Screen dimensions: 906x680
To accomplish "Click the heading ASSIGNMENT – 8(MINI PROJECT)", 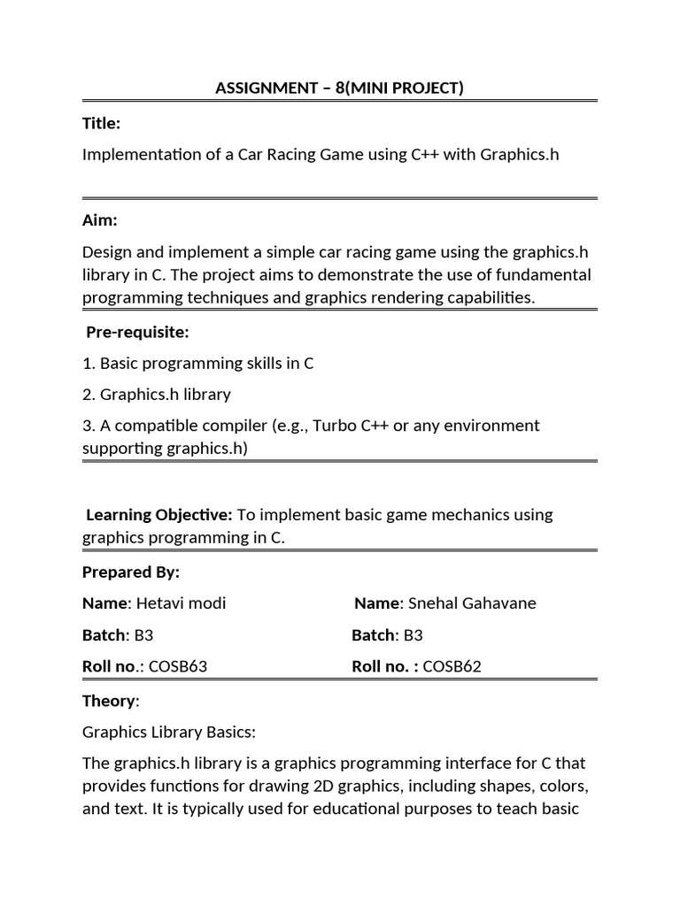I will coord(340,88).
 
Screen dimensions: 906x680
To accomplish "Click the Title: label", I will coord(101,124).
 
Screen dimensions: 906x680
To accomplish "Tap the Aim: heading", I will coord(99,219).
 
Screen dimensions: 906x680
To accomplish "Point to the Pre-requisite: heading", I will coord(137,332).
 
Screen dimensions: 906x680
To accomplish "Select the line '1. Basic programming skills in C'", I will coord(197,363).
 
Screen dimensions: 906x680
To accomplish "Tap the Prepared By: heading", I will coord(130,572).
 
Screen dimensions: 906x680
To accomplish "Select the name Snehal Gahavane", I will coord(472,603).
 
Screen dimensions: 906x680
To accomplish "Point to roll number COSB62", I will coord(452,666).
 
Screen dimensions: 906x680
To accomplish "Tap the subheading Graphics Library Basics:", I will coord(168,732).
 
